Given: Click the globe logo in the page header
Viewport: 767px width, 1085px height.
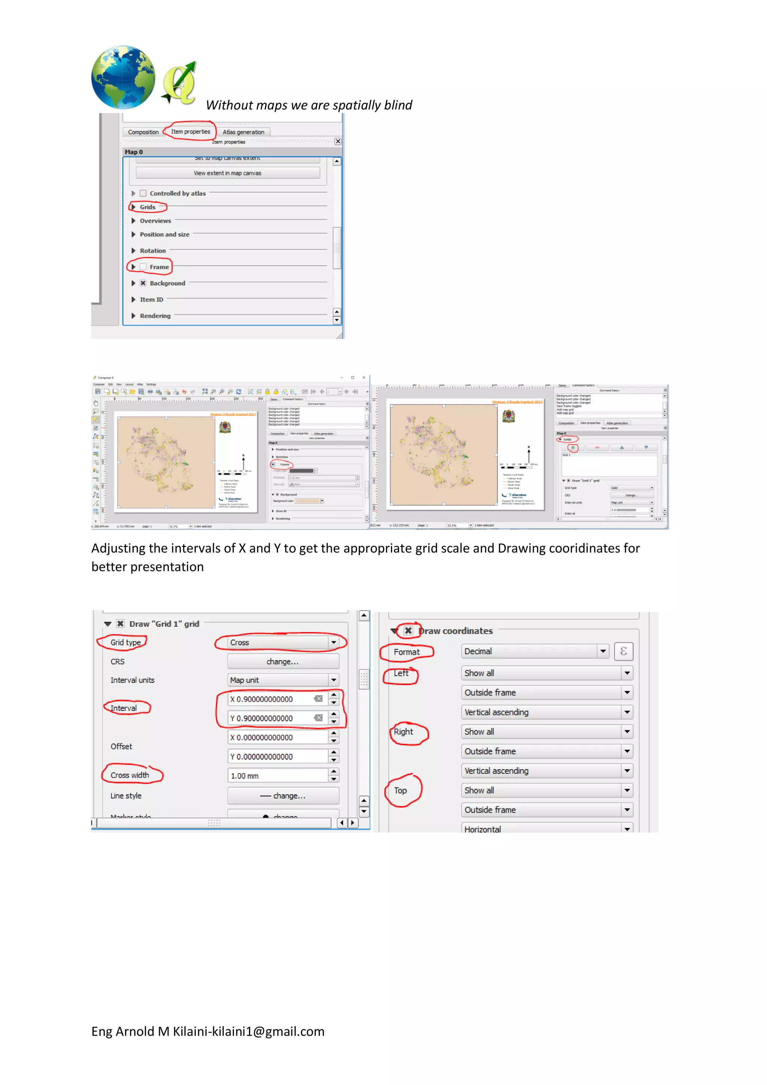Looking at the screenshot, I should point(123,77).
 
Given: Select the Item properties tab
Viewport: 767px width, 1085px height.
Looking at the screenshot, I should point(191,132).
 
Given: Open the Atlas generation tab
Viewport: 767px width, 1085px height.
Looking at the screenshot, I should point(243,132).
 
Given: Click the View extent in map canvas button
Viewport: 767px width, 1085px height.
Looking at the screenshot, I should point(227,173).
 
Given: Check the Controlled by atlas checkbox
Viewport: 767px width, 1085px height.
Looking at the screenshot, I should point(143,193).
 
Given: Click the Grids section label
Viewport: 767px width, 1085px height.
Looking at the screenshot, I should point(148,207).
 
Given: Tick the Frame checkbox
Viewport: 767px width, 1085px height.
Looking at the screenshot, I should point(143,267).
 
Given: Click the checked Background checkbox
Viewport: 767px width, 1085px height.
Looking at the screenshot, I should point(143,283).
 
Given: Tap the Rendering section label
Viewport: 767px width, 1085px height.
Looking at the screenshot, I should point(155,316).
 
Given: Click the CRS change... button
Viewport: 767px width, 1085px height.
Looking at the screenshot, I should point(283,661).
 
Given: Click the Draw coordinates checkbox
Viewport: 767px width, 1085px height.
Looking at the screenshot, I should point(408,630).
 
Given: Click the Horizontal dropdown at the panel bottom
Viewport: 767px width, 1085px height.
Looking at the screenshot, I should point(547,829).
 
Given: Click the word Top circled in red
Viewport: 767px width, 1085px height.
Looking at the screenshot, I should point(400,790).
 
